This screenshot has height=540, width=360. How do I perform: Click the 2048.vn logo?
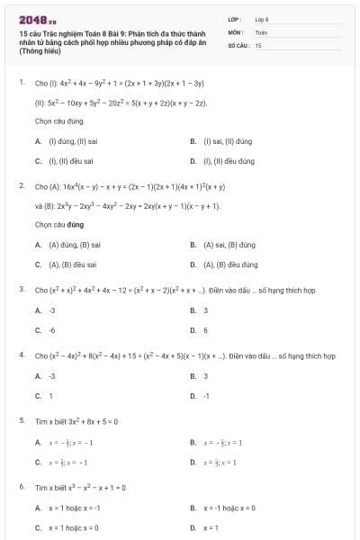[37, 18]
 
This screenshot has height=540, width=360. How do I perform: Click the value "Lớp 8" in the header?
[262, 18]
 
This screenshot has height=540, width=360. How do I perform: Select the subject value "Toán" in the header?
[261, 31]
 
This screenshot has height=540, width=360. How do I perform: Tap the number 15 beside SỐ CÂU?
[258, 44]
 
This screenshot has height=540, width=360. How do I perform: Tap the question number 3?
[21, 290]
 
